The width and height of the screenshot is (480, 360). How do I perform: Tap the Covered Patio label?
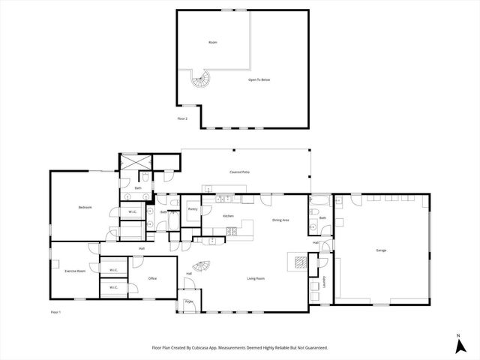coord(240,172)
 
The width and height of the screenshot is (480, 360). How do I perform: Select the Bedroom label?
coord(85,207)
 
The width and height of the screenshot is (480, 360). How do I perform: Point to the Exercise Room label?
coord(75,271)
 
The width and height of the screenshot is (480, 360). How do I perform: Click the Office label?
coord(152,278)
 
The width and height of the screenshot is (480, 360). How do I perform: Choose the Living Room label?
coord(256,278)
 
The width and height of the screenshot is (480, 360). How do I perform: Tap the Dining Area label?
coord(281,220)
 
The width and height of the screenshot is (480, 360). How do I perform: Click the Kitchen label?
coord(229,216)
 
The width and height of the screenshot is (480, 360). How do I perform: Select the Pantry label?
coord(193,209)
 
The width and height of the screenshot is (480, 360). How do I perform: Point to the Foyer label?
coord(189,302)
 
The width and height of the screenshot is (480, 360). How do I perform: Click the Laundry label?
coord(325,282)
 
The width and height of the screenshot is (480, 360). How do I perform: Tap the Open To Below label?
coord(259,78)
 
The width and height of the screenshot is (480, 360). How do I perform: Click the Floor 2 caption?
coord(182,118)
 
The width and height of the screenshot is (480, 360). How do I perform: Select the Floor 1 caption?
coord(55,311)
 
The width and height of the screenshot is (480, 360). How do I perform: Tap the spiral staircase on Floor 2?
coord(201,79)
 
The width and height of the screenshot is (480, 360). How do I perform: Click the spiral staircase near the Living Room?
coord(200,266)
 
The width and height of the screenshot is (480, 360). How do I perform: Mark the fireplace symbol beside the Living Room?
coord(298,262)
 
